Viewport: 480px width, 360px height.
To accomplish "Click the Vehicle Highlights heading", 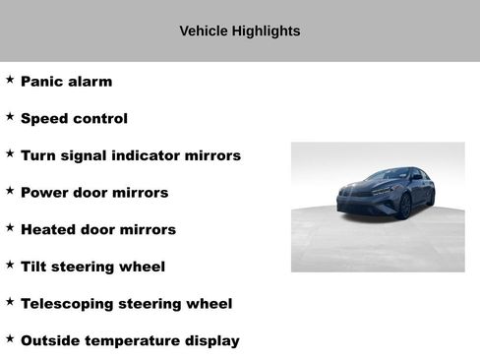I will coord(240,31).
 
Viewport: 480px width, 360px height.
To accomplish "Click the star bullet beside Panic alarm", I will coord(10,80).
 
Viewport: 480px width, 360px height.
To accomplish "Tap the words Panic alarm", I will coord(66,82).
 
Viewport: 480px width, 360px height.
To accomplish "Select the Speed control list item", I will coord(74,119).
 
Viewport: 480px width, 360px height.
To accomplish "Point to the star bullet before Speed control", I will coord(10,117).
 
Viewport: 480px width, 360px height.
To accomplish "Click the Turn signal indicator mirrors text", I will coord(130,155).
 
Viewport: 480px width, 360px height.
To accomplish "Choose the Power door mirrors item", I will coord(94,193).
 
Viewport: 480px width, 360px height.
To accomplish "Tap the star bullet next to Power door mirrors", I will coord(10,191).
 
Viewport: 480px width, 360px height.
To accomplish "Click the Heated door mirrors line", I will coord(98,230).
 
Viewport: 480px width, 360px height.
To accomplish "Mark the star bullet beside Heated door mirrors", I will coord(10,227).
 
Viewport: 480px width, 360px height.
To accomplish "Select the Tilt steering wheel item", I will coord(92,267).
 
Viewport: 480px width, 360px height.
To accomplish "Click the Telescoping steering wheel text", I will coord(126,304).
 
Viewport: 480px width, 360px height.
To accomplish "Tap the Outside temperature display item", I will coord(130,341).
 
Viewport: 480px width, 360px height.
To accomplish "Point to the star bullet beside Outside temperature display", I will coord(10,338).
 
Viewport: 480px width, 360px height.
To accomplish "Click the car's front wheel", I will coord(404,206).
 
